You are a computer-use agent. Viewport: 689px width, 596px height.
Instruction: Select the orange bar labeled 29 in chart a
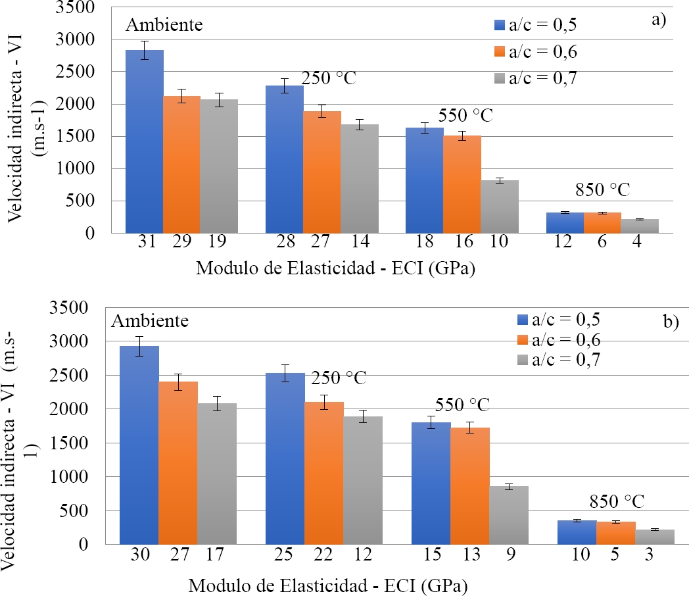[182, 164]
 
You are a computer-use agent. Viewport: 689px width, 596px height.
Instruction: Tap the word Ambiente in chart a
[164, 26]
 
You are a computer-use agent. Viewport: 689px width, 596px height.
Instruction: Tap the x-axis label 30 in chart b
[139, 555]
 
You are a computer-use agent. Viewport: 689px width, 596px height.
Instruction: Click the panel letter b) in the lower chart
[671, 322]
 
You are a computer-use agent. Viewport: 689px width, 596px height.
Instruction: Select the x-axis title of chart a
[336, 269]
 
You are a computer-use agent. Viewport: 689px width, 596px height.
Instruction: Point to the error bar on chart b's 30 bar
[139, 346]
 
